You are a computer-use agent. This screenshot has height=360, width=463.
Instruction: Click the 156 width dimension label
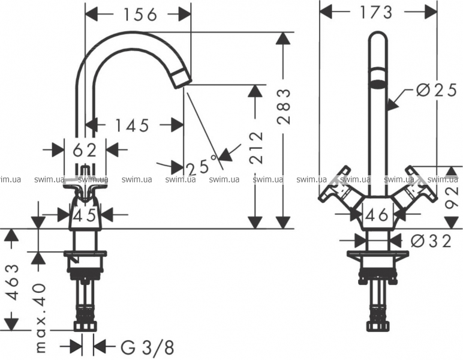pyautogui.click(x=140, y=14)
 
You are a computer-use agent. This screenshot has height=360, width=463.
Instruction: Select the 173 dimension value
pyautogui.click(x=375, y=12)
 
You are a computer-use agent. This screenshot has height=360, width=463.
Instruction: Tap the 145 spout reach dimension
pyautogui.click(x=132, y=125)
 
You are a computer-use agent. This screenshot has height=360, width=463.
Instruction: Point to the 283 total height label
pyautogui.click(x=284, y=106)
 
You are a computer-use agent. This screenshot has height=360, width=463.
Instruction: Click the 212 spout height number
pyautogui.click(x=255, y=148)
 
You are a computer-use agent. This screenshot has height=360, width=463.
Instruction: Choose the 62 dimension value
pyautogui.click(x=85, y=151)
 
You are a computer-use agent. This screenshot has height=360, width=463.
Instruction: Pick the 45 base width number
pyautogui.click(x=85, y=215)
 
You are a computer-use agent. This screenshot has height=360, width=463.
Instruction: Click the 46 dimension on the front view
pyautogui.click(x=377, y=215)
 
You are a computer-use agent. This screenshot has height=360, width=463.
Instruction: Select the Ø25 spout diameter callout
pyautogui.click(x=437, y=91)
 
